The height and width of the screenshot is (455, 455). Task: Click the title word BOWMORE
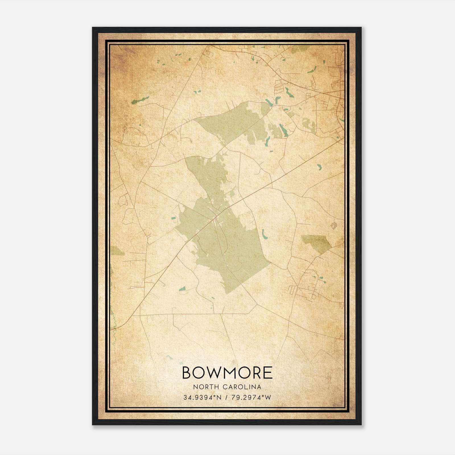pos(227,373)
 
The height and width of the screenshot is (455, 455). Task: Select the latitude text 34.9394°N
pos(202,398)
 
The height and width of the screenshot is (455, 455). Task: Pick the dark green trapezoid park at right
pos(316,242)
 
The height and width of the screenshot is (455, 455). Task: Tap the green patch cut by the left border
pos(117,251)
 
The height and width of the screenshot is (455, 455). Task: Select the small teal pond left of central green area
pos(173,218)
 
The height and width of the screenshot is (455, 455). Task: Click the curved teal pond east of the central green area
pos(264,234)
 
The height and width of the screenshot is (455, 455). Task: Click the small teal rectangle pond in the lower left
pos(182,289)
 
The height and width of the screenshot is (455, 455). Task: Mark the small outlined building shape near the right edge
pos(334,225)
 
